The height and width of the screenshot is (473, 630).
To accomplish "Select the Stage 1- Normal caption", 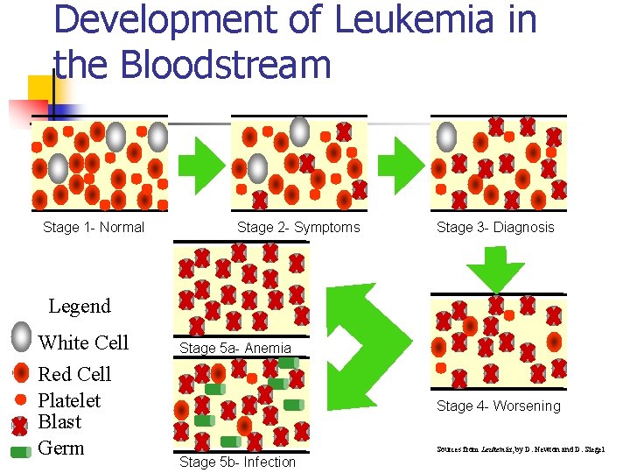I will coord(94,228).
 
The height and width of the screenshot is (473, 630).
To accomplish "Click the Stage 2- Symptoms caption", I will coord(298,228).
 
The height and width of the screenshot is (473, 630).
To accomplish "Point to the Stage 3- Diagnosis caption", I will coord(495,228).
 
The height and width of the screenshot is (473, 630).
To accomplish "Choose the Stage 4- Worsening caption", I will coord(499,406).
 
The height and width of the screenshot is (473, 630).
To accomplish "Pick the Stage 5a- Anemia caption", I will coord(235,348).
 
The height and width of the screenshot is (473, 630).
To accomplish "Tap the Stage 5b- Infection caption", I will coord(237,462).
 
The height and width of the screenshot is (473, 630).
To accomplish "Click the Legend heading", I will coord(80,307).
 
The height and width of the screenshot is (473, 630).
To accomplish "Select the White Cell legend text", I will coord(83,342).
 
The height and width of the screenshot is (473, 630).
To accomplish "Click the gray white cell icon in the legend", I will coord(22,337).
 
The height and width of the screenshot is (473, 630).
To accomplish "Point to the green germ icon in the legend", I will coord(21,451).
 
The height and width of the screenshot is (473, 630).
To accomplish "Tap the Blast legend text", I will coord(59,422).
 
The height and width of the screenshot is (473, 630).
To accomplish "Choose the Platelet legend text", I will coord(69,401).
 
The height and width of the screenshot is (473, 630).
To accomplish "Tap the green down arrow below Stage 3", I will coord(495,267).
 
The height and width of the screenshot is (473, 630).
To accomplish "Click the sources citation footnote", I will coord(521,450).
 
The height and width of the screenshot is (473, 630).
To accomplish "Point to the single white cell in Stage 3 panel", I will coord(446,136).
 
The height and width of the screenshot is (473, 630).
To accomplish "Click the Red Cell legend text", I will coord(74,375).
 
